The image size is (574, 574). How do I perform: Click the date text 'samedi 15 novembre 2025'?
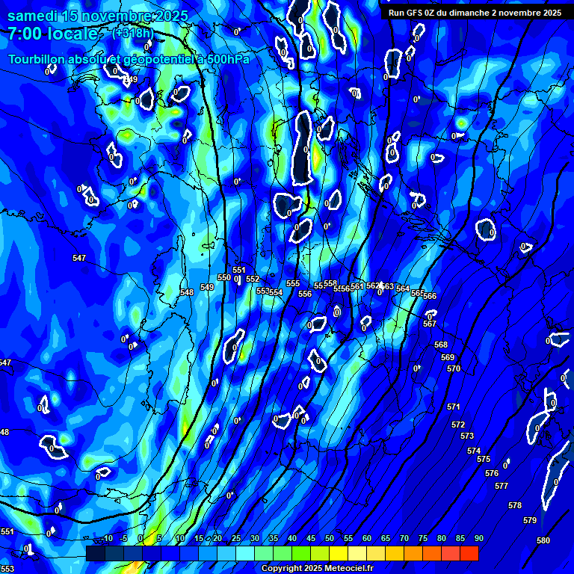point(98,16)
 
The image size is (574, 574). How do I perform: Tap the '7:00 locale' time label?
point(53,34)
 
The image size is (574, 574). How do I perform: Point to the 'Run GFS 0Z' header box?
point(475,13)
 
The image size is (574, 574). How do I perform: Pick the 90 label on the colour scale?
point(478,539)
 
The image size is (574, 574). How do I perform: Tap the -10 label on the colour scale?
point(106,539)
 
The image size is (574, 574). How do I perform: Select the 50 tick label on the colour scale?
point(330,539)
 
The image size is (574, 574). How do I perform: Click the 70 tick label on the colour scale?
point(404,539)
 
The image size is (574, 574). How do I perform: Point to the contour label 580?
point(543,540)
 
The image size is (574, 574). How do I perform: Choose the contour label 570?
point(454,369)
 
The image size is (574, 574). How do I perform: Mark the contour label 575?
point(484,460)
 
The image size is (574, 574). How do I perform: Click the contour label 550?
point(224,277)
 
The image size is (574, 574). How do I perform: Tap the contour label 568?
point(441,345)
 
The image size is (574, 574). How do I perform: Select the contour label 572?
point(458,425)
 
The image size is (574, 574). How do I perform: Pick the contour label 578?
point(515,506)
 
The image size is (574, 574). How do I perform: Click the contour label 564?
point(403,288)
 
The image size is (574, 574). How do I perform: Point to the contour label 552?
point(253,280)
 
